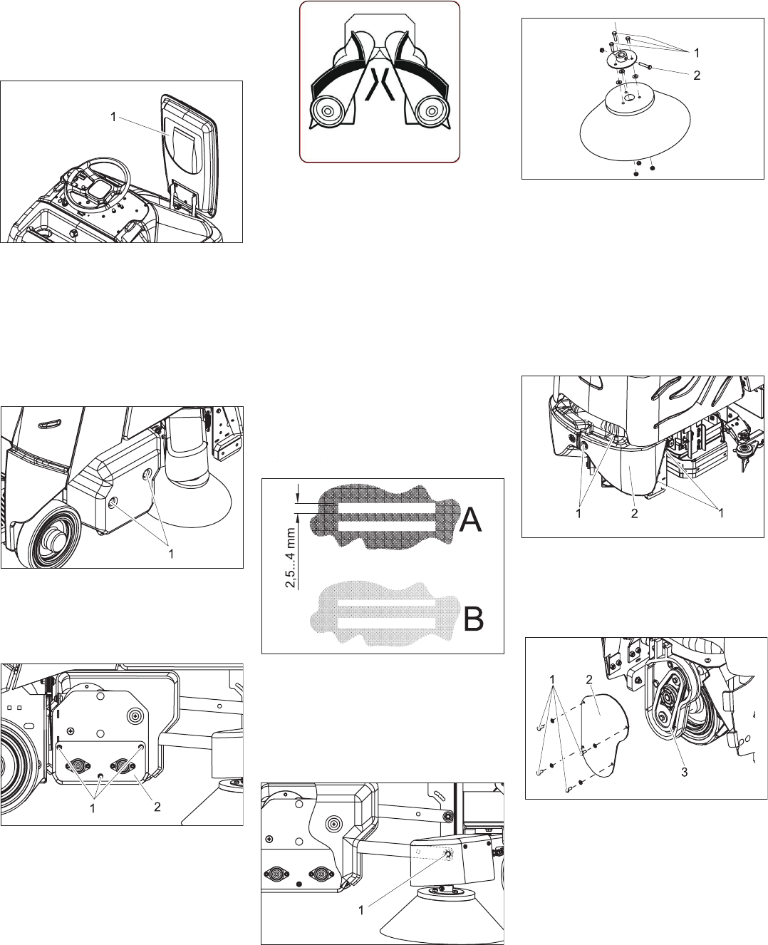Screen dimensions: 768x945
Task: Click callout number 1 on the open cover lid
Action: click(x=113, y=118)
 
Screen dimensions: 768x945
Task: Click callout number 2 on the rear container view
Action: click(x=633, y=512)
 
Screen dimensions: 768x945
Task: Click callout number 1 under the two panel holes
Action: click(x=171, y=553)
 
